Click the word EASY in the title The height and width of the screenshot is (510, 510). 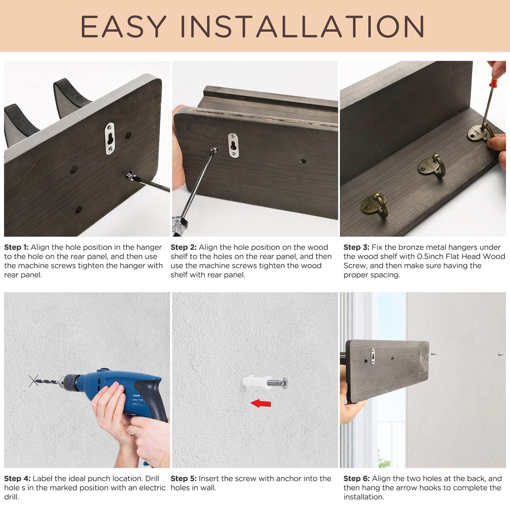(x=123, y=26)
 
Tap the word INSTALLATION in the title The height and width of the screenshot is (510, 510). (x=303, y=26)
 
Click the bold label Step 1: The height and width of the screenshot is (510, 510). (x=16, y=247)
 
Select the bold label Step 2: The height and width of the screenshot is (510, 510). (x=184, y=247)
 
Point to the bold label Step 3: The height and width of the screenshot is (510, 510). (x=356, y=247)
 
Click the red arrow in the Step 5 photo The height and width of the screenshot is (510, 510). (x=261, y=404)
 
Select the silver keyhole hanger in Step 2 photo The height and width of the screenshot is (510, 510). (x=233, y=145)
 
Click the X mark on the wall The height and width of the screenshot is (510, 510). (x=34, y=380)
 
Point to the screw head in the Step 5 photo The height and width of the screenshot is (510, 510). (x=285, y=383)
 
